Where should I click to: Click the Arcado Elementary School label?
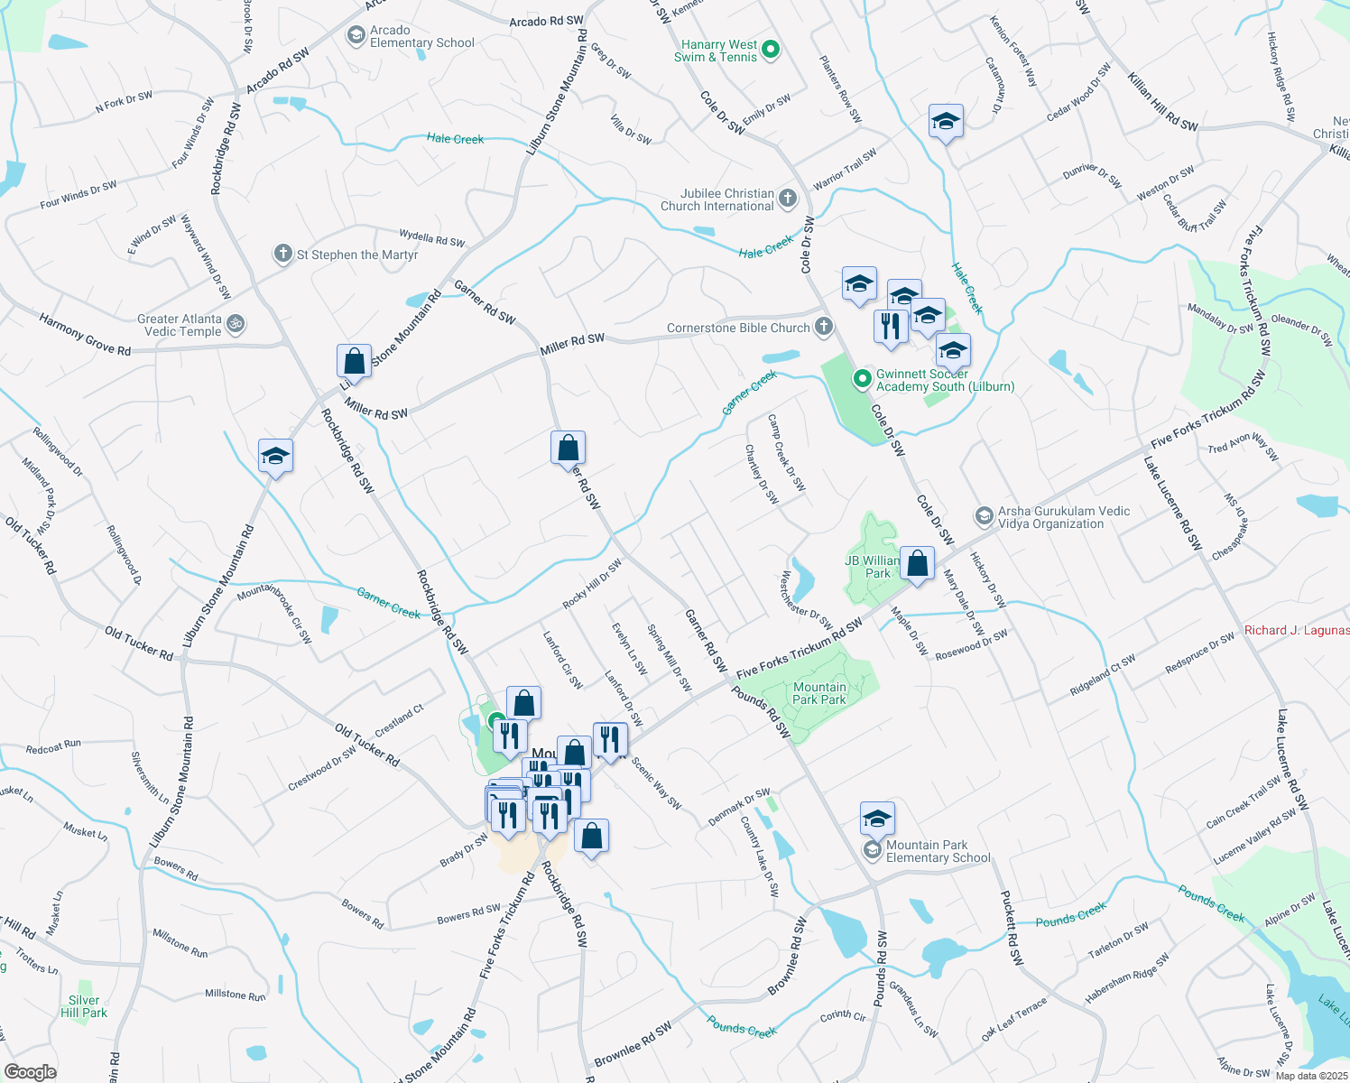[421, 37]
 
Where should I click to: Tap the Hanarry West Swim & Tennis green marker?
[771, 50]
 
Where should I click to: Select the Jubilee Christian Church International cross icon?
[788, 199]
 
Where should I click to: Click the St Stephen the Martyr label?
[357, 255]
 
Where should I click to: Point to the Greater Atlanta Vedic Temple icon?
[236, 322]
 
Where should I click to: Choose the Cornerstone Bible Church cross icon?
[823, 327]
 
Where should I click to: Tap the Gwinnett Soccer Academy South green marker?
[862, 379]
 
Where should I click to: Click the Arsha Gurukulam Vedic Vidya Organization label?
[1063, 517]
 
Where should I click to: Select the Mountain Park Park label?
[819, 693]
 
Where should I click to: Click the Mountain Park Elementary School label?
[939, 851]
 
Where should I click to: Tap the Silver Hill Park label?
[84, 1006]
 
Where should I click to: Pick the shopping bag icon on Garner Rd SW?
[569, 448]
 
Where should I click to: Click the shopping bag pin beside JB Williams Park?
[917, 564]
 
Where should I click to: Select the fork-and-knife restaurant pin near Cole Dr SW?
[891, 325]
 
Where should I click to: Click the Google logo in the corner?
[30, 1072]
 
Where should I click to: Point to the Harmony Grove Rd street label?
[84, 335]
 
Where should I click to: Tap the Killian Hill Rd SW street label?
[1162, 102]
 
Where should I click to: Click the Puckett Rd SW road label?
[1013, 929]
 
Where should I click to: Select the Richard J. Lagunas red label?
[1296, 630]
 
